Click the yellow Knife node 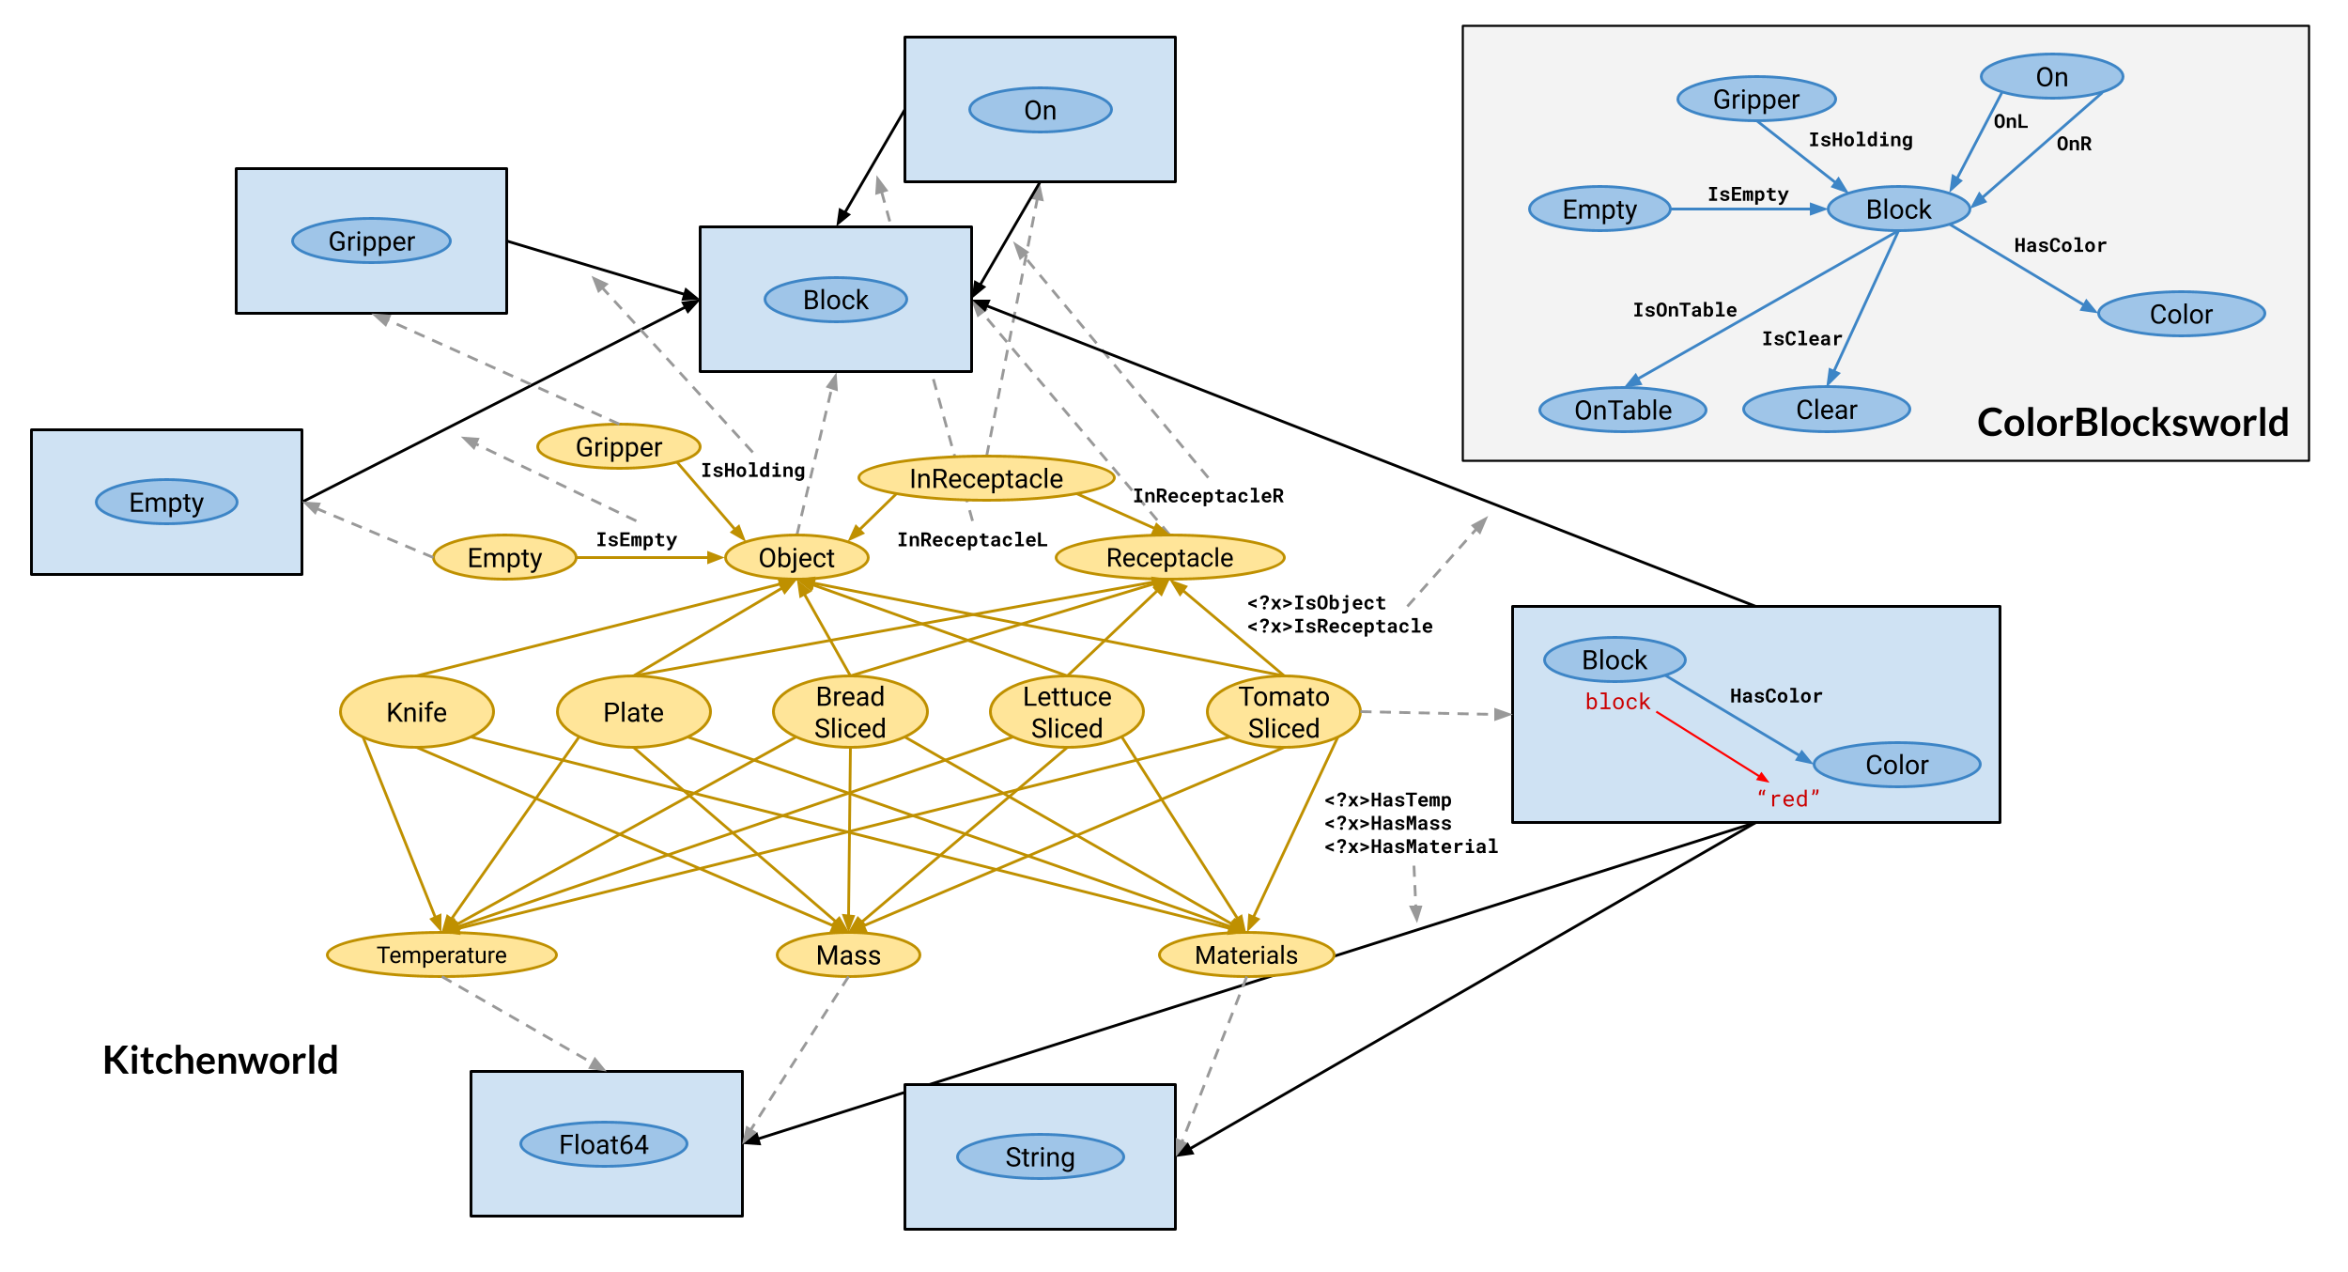(416, 712)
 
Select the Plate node (633, 712)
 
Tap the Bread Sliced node (850, 712)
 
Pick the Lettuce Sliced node (1067, 712)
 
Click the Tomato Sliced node (1284, 712)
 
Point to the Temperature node (441, 954)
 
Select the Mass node (848, 954)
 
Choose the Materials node (1246, 954)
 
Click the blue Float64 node (604, 1144)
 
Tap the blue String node (1040, 1156)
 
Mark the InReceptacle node (986, 479)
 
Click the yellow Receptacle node (1169, 557)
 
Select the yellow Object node (796, 557)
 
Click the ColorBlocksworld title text (2133, 423)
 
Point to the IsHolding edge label (1861, 140)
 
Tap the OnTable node (1623, 410)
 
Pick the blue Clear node (1827, 410)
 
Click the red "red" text (1788, 799)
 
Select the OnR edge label (2074, 144)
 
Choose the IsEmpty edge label (1748, 194)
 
